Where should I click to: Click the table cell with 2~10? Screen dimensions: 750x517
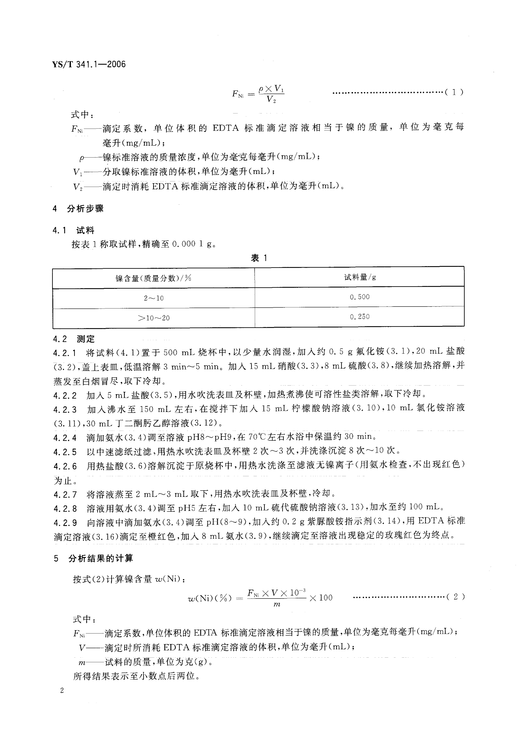tap(154, 298)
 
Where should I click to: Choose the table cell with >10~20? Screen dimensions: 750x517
tap(154, 318)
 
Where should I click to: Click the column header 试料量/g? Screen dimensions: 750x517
tap(360, 277)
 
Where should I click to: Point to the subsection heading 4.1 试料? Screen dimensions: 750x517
tap(73, 230)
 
